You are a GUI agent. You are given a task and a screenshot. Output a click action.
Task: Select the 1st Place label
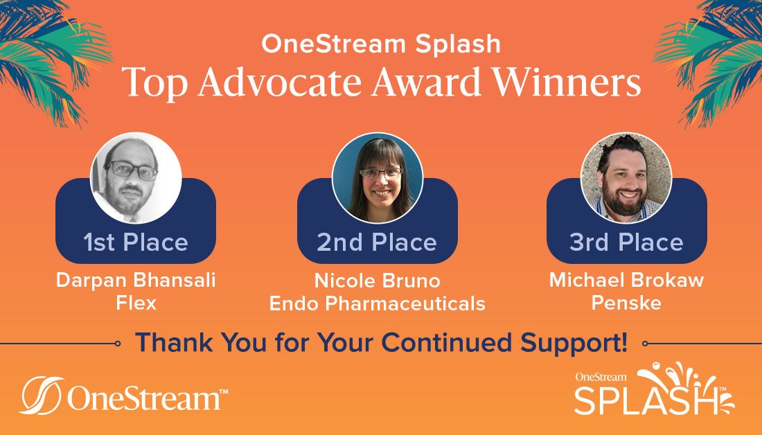136,242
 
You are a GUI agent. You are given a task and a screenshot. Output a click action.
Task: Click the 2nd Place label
377,242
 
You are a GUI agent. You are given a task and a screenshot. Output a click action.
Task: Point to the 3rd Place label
626,242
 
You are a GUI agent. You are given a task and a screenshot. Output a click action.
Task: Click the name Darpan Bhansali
136,280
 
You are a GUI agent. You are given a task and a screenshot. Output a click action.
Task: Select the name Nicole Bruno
377,281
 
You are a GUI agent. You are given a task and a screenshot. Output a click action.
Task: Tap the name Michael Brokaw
626,280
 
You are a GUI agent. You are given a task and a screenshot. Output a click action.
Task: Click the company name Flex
136,303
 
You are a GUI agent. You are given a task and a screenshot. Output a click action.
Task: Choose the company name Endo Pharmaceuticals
377,303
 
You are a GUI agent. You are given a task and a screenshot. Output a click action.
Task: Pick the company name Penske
626,303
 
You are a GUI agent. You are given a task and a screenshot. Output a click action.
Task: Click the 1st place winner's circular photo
136,177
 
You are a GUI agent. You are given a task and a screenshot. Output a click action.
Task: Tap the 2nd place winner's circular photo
377,177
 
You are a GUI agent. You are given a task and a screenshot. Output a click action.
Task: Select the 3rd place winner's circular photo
626,177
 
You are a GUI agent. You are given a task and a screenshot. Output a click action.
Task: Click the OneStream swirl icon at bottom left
42,395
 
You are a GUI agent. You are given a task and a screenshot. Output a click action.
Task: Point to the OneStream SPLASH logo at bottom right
654,389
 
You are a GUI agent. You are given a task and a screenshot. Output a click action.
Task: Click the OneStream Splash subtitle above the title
381,43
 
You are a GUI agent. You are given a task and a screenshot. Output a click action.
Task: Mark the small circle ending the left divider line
118,344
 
